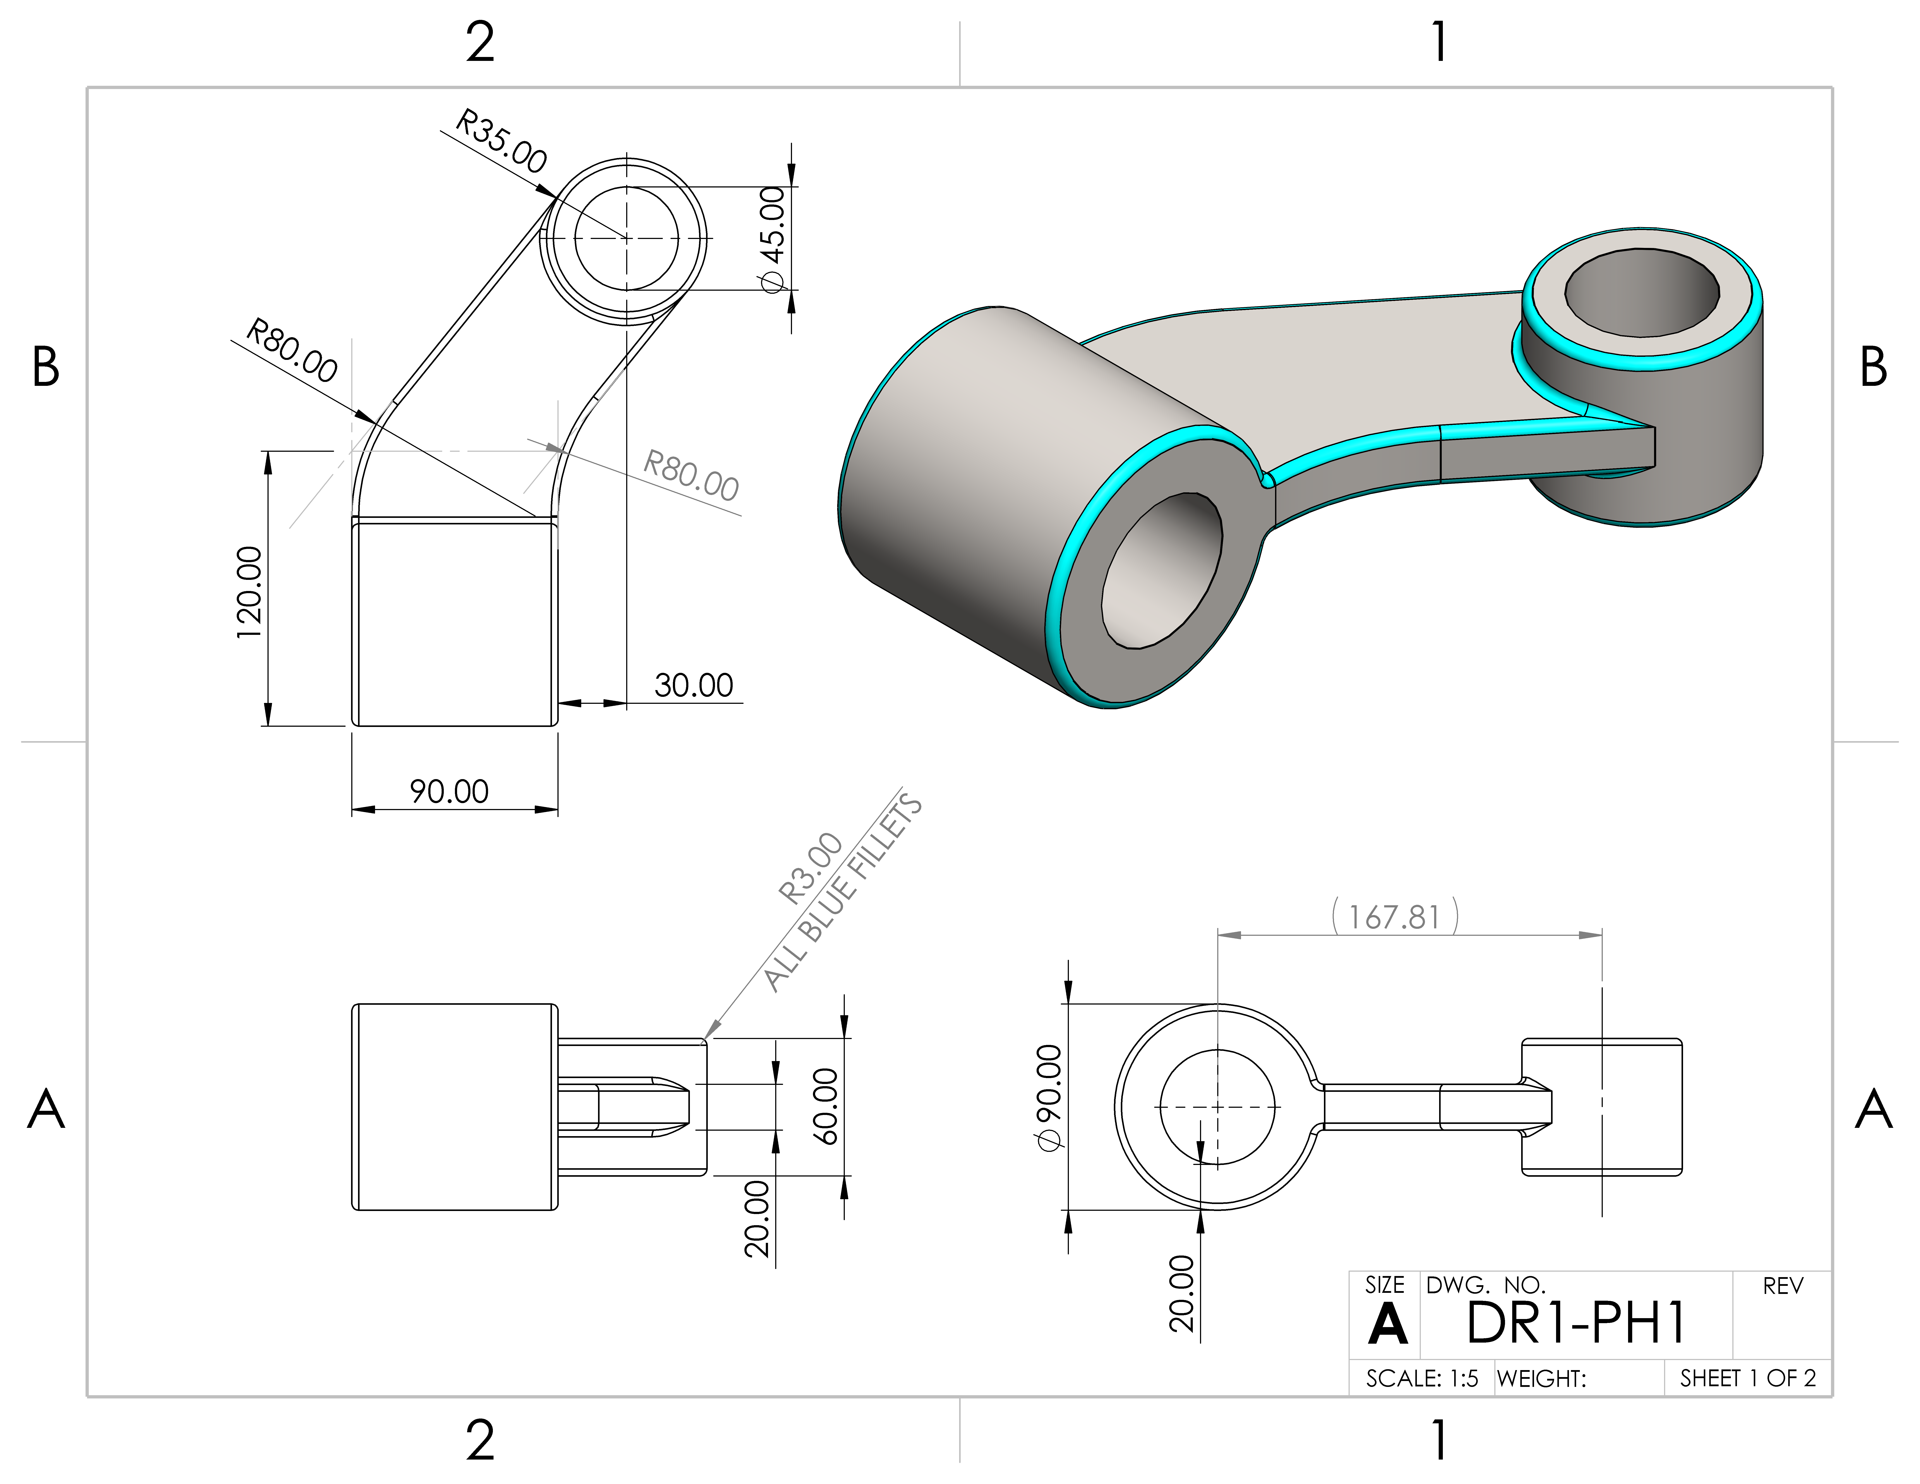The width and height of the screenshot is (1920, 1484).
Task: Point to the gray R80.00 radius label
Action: click(x=691, y=476)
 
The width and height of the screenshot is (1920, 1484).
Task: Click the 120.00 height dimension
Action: click(x=250, y=593)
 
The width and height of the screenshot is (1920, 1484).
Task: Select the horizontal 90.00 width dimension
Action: click(x=449, y=791)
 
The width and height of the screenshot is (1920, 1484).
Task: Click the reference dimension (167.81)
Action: click(x=1395, y=917)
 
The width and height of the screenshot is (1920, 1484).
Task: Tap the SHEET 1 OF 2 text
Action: click(x=1748, y=1378)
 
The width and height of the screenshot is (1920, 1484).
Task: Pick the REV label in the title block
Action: click(x=1783, y=1286)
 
